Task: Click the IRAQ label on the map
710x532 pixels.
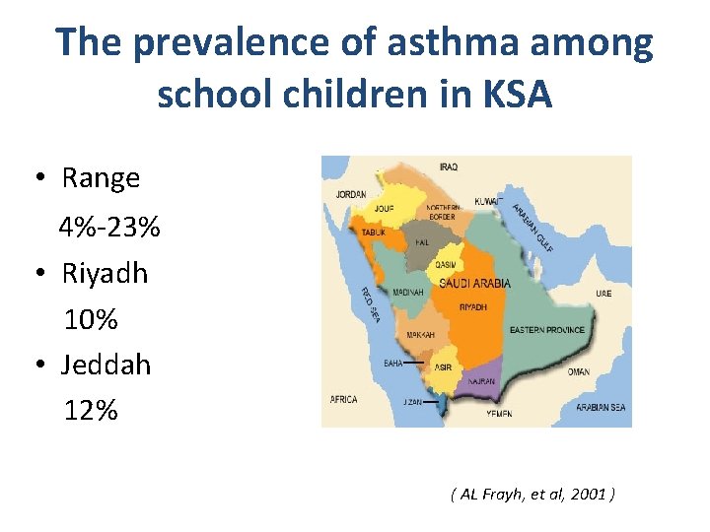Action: pos(448,167)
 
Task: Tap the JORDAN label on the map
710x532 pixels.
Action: pos(350,194)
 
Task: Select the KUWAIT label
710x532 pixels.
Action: pos(489,200)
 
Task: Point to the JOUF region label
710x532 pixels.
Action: pos(383,209)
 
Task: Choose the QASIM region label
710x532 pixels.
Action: pos(445,265)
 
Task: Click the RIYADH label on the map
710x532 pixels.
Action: pos(472,307)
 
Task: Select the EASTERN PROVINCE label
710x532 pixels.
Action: pos(546,330)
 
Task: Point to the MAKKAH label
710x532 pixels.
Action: pos(420,335)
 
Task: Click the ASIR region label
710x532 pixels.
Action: pos(444,367)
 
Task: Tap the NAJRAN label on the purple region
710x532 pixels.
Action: pos(482,380)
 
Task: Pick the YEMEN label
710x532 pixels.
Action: pos(499,415)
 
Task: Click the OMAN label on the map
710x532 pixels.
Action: pos(579,372)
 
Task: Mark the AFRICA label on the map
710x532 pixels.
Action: pos(343,400)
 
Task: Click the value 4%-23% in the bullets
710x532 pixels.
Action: pos(108,229)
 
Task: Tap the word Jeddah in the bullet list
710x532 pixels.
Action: pos(106,365)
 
